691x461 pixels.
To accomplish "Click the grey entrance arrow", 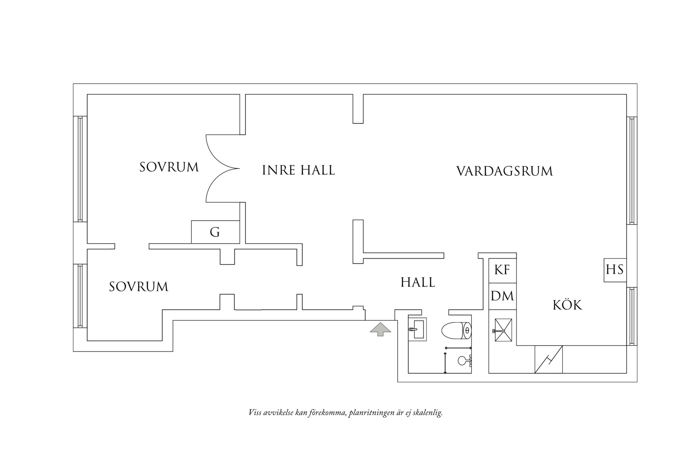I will pos(380,329).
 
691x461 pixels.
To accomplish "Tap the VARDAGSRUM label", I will pos(504,171).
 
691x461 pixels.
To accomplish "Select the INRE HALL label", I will pos(298,170).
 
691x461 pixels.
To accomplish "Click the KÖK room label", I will pos(567,305).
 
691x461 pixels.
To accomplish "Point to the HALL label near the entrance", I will pos(418,282).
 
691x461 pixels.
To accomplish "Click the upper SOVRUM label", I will pos(169,167).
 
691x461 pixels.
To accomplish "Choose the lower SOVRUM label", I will pos(139,287).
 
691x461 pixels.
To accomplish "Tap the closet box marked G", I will pos(215,232).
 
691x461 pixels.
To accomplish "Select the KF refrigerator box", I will pos(502,270).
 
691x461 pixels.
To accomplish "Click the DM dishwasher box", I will pos(502,296).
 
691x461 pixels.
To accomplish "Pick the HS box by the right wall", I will pos(615,270).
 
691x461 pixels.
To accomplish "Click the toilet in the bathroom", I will pos(456,330).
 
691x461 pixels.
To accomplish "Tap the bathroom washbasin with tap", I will pos(417,329).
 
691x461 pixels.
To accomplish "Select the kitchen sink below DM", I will pos(503,331).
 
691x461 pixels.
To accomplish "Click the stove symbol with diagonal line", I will pos(549,360).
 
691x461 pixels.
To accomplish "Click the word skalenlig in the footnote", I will pos(429,413).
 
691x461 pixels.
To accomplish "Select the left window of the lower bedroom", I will pos(80,296).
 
